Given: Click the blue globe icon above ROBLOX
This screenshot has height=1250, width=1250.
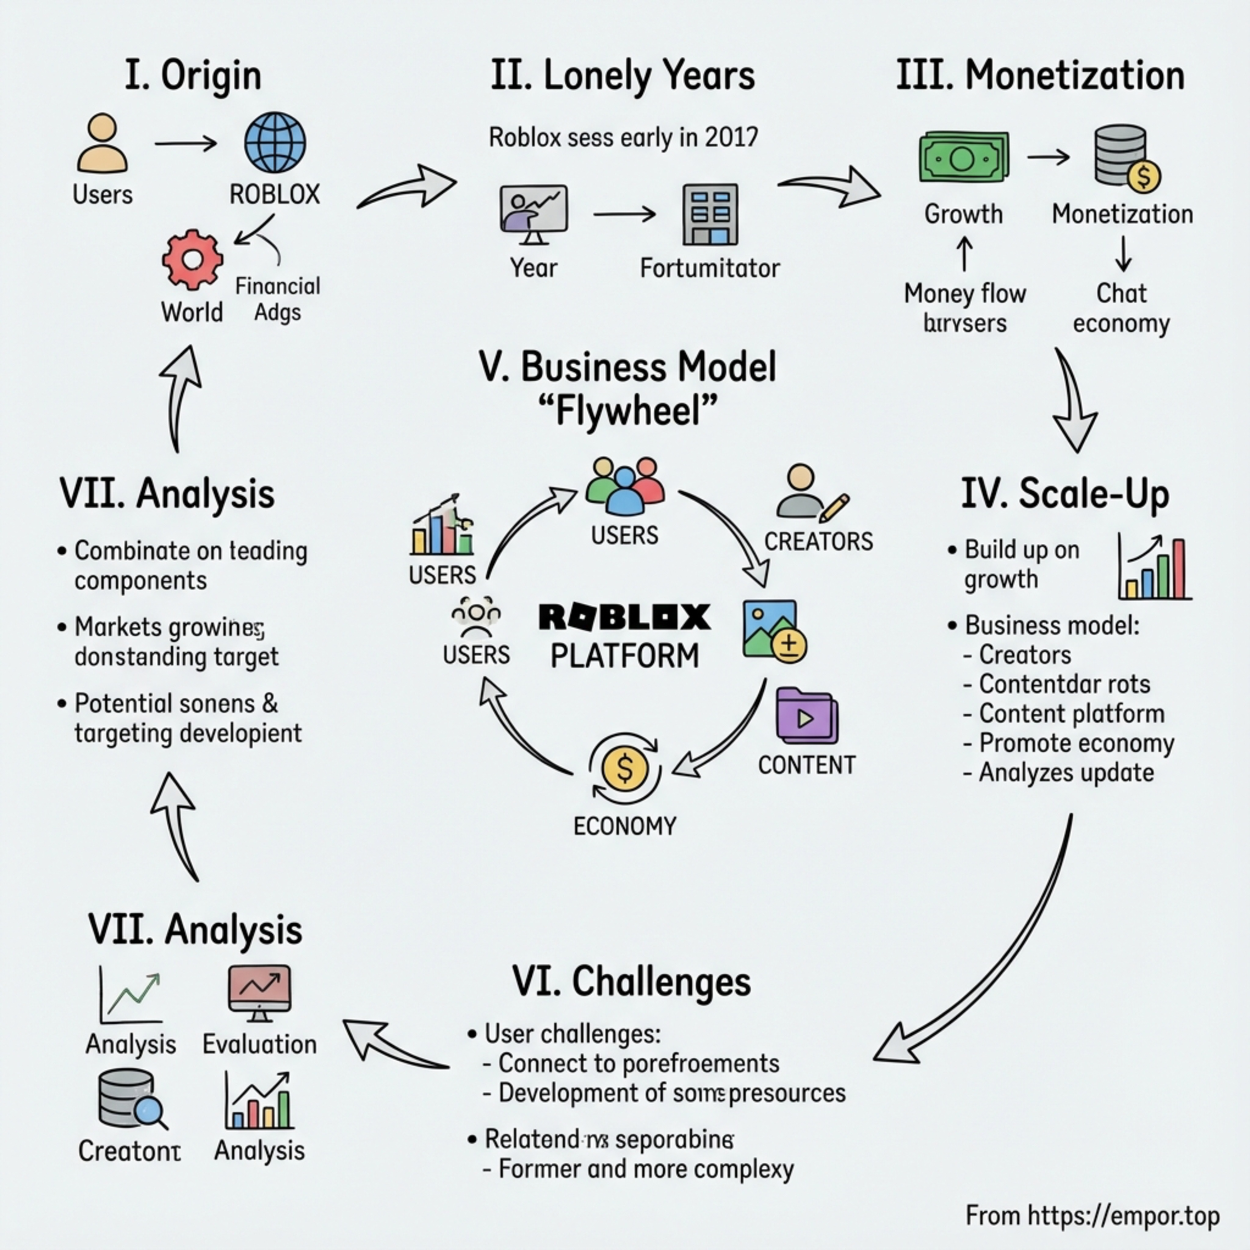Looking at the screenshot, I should (275, 142).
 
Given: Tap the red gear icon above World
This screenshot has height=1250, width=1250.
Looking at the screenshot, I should (192, 259).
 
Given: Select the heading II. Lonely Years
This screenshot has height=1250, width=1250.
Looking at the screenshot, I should (622, 76).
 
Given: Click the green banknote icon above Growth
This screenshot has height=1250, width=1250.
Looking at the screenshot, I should (963, 157).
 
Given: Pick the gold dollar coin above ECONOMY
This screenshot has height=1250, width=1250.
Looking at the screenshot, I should (624, 768).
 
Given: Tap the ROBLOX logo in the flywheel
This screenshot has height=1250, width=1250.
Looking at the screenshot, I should (624, 617).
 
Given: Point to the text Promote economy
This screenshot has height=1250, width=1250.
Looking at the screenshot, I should (1076, 743).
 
